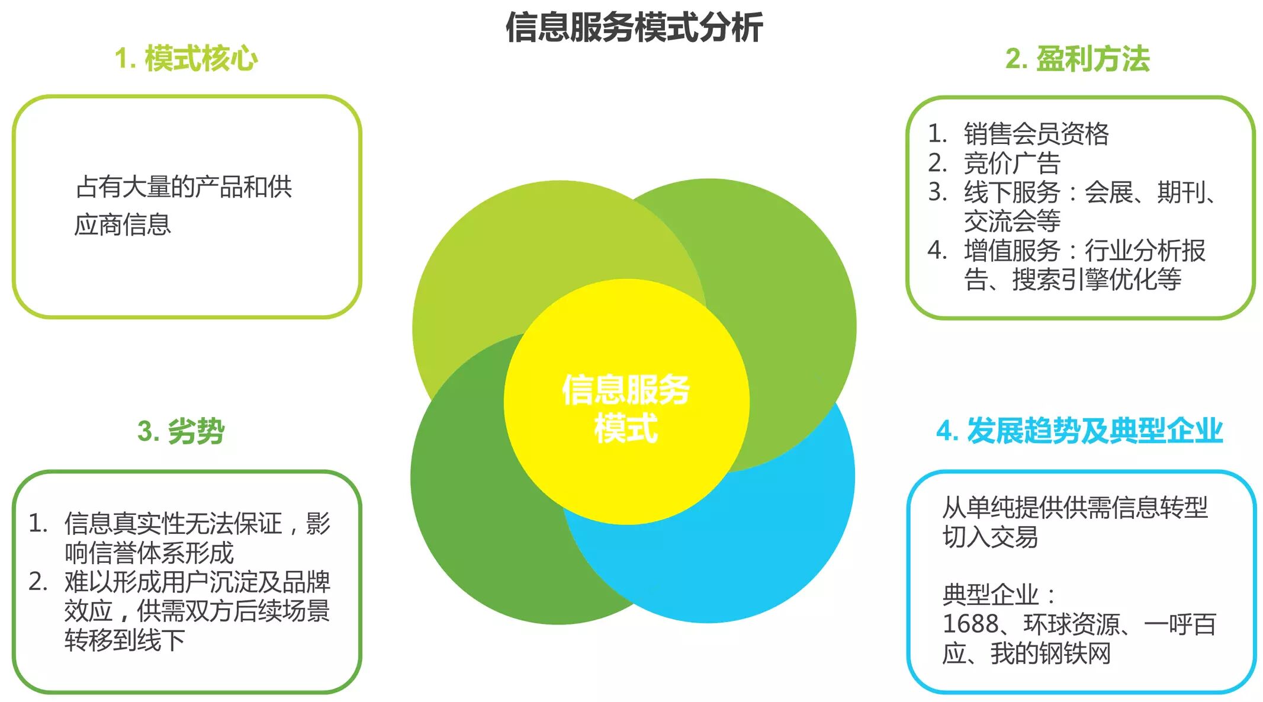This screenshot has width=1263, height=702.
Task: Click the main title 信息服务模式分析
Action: pyautogui.click(x=634, y=28)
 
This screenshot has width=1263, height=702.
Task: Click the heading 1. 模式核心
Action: pyautogui.click(x=186, y=59)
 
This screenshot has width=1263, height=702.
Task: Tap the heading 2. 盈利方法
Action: pyautogui.click(x=1077, y=59)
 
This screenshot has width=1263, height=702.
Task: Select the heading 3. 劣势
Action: pyautogui.click(x=181, y=431)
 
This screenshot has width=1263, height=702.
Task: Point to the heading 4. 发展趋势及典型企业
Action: pyautogui.click(x=1079, y=431)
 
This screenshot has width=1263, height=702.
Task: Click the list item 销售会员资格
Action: pyautogui.click(x=1036, y=134)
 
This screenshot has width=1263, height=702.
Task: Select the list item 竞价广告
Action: pyautogui.click(x=1011, y=163)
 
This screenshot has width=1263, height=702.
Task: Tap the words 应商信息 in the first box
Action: pyautogui.click(x=123, y=225)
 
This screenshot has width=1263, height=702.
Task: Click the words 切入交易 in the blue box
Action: pyautogui.click(x=989, y=537)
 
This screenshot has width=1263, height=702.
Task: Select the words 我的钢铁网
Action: pyautogui.click(x=1050, y=654)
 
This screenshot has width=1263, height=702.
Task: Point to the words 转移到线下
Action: pyautogui.click(x=124, y=640)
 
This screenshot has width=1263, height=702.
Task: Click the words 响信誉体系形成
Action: pyautogui.click(x=149, y=553)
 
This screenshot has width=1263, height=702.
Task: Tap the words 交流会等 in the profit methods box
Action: pyautogui.click(x=1011, y=222)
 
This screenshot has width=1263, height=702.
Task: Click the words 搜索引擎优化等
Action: pyautogui.click(x=1097, y=280)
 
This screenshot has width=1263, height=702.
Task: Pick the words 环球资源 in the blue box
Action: pyautogui.click(x=1072, y=624)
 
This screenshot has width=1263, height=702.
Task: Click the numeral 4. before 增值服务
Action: pyautogui.click(x=937, y=251)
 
